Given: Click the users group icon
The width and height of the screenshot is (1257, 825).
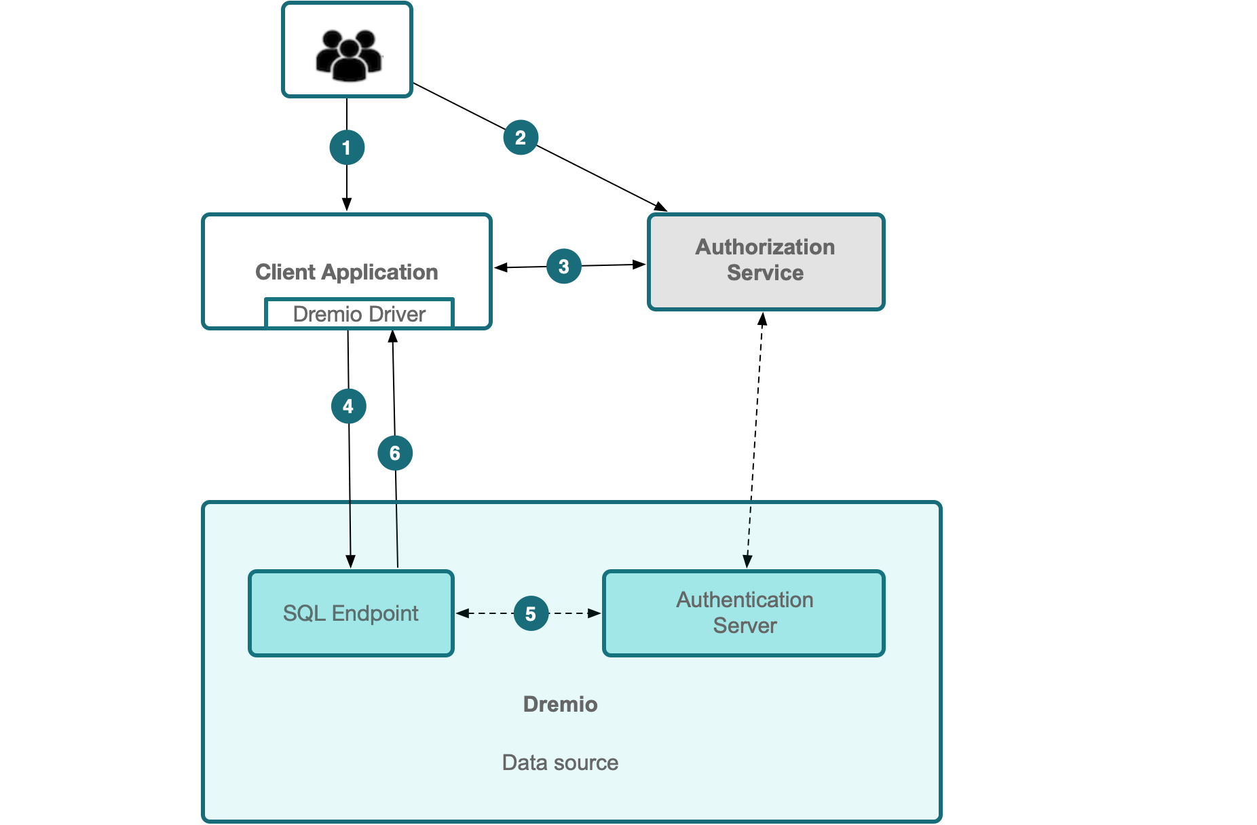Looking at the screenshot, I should coord(348,54).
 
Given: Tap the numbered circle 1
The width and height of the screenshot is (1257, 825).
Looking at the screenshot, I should coord(347,147).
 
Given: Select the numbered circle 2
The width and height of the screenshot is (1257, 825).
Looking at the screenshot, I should coord(521,138).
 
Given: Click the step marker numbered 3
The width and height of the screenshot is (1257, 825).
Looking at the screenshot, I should coord(563,267).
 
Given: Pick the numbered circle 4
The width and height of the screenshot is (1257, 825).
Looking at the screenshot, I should coord(348,406).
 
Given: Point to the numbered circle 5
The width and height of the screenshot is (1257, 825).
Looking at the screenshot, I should coord(531,613).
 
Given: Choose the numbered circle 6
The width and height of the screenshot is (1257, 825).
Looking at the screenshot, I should coord(395,453).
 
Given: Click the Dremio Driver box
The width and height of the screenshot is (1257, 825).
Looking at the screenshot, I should coord(359,314).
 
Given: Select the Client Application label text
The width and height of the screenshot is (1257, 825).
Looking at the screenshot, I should coord(346,272).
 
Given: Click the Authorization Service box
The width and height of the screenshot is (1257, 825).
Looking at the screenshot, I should coord(766,261).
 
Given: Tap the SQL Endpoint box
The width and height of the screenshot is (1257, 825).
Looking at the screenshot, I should coord(351,613).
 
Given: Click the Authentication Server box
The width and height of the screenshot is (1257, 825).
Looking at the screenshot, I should coord(744,613).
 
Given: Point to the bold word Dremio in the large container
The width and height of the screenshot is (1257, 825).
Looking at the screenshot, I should coord(560,704).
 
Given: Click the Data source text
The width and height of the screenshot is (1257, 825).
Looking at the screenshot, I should coord(560,763).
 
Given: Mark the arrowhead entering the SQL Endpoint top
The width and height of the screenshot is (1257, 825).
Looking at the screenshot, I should coord(350,562).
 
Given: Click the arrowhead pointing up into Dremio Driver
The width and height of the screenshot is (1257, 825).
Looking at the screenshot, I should coord(392,336).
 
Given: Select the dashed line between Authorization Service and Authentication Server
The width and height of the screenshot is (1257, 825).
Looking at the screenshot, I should coord(755,441).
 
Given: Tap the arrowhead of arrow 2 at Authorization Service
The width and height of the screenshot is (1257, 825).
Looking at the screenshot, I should coord(660,206).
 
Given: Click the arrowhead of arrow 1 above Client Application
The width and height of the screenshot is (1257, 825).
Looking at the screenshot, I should coord(347,204).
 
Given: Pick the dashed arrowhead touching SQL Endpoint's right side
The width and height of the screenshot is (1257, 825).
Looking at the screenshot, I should coord(462,613).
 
